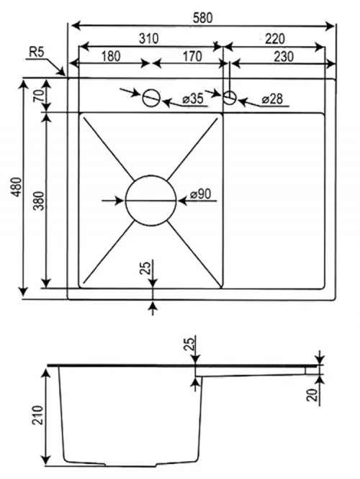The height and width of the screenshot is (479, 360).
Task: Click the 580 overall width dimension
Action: click(x=202, y=18)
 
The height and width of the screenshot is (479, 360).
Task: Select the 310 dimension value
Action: click(x=149, y=39)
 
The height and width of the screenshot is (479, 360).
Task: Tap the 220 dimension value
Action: click(x=274, y=39)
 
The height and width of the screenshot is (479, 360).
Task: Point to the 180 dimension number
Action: click(x=111, y=56)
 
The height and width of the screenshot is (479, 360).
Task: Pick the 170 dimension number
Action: click(x=192, y=56)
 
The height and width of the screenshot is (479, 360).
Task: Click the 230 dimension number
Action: click(x=284, y=57)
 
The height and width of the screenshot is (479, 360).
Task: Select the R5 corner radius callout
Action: click(x=37, y=53)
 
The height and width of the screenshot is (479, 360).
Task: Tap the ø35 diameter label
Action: click(x=193, y=99)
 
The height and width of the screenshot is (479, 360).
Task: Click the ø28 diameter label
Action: click(x=272, y=99)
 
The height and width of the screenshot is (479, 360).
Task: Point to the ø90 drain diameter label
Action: click(x=200, y=193)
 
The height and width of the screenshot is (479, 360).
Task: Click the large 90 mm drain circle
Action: click(x=150, y=175)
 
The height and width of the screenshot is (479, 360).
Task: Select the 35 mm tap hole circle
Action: click(x=151, y=89)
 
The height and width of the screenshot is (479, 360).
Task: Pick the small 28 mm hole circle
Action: click(x=230, y=91)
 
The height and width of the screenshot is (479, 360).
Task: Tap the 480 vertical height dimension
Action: click(x=18, y=187)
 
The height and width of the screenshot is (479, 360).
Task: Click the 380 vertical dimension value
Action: click(x=39, y=201)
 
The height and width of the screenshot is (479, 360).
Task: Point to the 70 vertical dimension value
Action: click(x=39, y=97)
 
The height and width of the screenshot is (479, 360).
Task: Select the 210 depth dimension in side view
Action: click(x=38, y=416)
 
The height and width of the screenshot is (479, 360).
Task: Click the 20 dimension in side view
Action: click(x=312, y=394)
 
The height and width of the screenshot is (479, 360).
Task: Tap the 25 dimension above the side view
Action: click(x=189, y=344)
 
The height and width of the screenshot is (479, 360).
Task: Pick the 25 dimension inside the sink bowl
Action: click(x=146, y=268)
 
